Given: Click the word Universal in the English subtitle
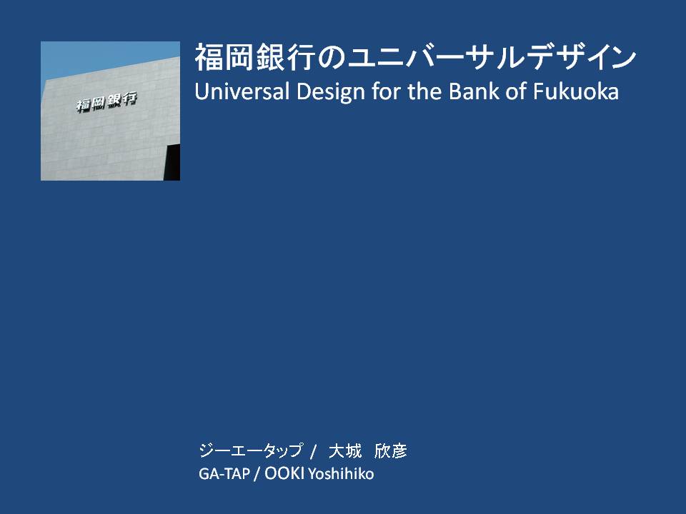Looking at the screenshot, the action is tap(242, 91).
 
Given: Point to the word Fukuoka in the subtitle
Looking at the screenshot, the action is tap(575, 91).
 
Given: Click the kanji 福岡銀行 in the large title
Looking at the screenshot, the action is tap(256, 57).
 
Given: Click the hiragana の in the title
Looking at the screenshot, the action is tap(332, 58).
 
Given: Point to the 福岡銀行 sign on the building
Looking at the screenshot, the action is tap(106, 101).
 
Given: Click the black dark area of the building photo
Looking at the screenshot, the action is tap(172, 162).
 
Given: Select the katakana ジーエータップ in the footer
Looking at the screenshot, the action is tap(251, 450).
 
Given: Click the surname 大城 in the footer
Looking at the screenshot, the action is tap(345, 450).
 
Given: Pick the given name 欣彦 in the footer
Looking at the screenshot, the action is tap(391, 450).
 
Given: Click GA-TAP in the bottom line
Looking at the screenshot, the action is tap(224, 474).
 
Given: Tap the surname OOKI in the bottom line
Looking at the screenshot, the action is tap(284, 473).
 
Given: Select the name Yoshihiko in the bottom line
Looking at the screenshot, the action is tap(341, 474).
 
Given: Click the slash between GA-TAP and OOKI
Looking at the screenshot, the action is tap(257, 474).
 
